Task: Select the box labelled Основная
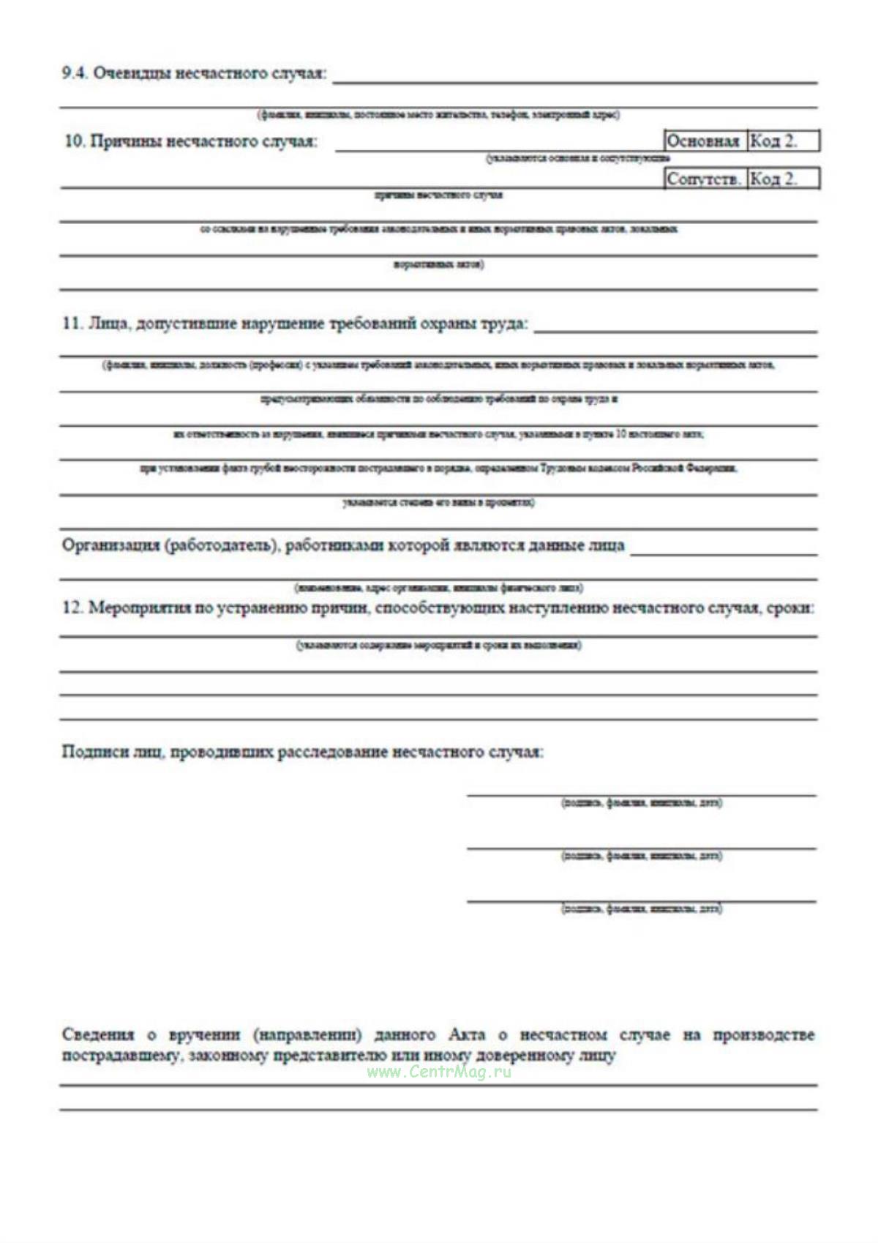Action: [x=704, y=141]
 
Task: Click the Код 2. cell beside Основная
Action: [x=781, y=141]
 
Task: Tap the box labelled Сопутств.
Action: [x=705, y=179]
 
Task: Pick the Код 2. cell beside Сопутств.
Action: [x=781, y=179]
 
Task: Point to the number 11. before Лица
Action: [x=72, y=324]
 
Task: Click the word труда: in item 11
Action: [x=503, y=324]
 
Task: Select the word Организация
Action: [x=110, y=545]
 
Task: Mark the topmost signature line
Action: [x=641, y=794]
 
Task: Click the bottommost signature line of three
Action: [x=641, y=900]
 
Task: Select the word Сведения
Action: [x=98, y=1034]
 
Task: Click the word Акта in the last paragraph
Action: [x=467, y=1034]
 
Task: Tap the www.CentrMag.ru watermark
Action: [x=439, y=1072]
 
